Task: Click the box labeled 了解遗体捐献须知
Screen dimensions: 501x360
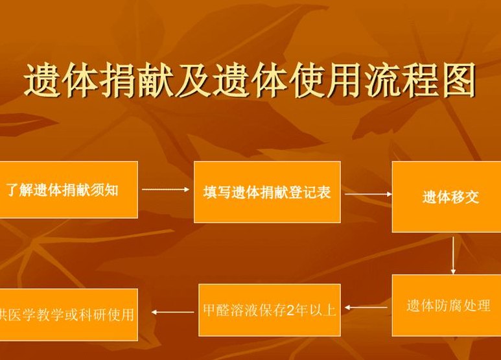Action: coord(69,189)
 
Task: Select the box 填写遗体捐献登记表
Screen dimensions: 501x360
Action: coord(267,192)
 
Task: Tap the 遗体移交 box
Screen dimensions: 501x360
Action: coord(447,197)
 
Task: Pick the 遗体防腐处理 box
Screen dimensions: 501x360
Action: coord(447,306)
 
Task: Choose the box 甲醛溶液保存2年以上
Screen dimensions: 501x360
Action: coord(270,310)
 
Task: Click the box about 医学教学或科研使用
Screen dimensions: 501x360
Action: coord(69,315)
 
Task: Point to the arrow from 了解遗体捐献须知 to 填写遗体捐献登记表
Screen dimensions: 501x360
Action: coord(165,189)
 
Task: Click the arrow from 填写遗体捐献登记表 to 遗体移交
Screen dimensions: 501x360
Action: coord(368,194)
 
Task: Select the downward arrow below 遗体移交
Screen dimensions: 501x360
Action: coord(453,256)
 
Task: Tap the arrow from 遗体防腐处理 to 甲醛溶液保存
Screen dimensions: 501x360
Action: coord(366,307)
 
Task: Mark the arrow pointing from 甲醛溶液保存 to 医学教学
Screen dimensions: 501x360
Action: coord(172,312)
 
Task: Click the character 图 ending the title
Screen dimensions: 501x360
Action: coord(458,80)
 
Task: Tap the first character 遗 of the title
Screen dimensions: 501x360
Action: coord(43,80)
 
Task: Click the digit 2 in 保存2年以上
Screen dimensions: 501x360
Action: coord(290,311)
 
